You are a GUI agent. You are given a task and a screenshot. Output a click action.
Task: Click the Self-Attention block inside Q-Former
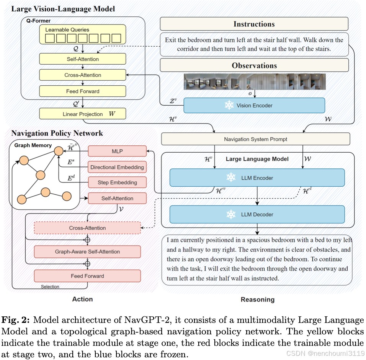[x=83, y=59]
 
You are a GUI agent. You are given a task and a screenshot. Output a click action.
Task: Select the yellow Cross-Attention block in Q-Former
[x=83, y=75]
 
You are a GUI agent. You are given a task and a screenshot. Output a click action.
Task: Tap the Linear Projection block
[x=83, y=114]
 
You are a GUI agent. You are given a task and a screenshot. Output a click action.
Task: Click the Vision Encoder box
[x=254, y=106]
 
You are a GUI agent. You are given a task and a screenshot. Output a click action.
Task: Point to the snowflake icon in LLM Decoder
[x=231, y=214]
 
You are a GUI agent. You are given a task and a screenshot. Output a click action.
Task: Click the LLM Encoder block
[x=257, y=178]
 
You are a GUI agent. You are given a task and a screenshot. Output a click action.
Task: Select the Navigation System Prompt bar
[x=255, y=139]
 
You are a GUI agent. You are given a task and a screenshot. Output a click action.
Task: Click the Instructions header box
[x=254, y=24]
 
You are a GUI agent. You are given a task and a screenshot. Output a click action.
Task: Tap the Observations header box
[x=254, y=65]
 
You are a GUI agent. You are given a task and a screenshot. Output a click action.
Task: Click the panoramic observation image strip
[x=255, y=81]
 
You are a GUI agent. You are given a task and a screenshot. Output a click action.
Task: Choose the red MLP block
[x=117, y=151]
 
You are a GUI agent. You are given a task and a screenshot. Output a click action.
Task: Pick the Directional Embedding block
[x=117, y=167]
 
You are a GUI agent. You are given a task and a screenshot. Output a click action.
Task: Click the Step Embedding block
[x=117, y=182]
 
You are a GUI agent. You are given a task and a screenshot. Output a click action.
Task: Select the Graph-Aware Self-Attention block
[x=87, y=252]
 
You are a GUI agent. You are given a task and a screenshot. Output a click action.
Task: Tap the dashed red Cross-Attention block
[x=87, y=228]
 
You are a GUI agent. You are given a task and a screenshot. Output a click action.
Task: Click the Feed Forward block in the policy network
[x=87, y=276]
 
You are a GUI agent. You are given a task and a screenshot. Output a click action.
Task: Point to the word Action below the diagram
[x=82, y=299]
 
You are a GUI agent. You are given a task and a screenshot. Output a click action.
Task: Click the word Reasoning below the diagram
[x=257, y=300]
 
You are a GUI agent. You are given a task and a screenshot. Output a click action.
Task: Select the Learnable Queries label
[x=67, y=29]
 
